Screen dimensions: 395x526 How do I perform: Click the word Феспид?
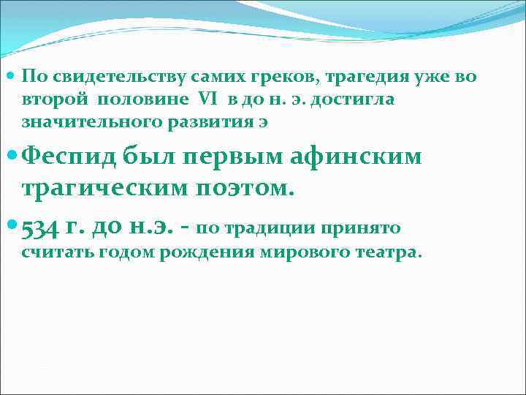(69, 157)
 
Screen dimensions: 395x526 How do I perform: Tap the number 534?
(40, 230)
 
